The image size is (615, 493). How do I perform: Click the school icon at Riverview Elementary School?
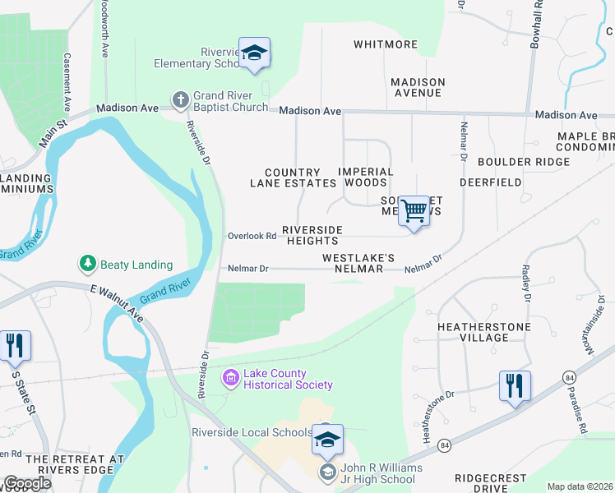(x=255, y=53)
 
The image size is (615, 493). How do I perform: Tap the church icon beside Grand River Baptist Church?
(x=180, y=100)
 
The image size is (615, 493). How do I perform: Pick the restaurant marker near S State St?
(x=14, y=345)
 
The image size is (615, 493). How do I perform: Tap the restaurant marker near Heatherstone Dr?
(x=515, y=385)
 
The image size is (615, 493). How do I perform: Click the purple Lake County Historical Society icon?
(x=231, y=378)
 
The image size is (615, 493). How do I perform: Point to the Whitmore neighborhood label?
(x=386, y=44)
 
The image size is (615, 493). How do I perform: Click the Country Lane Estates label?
(x=294, y=177)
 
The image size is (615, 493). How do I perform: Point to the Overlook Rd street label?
(x=252, y=236)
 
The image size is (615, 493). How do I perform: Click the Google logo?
(x=28, y=483)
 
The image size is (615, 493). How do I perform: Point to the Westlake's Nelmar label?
(x=353, y=263)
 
